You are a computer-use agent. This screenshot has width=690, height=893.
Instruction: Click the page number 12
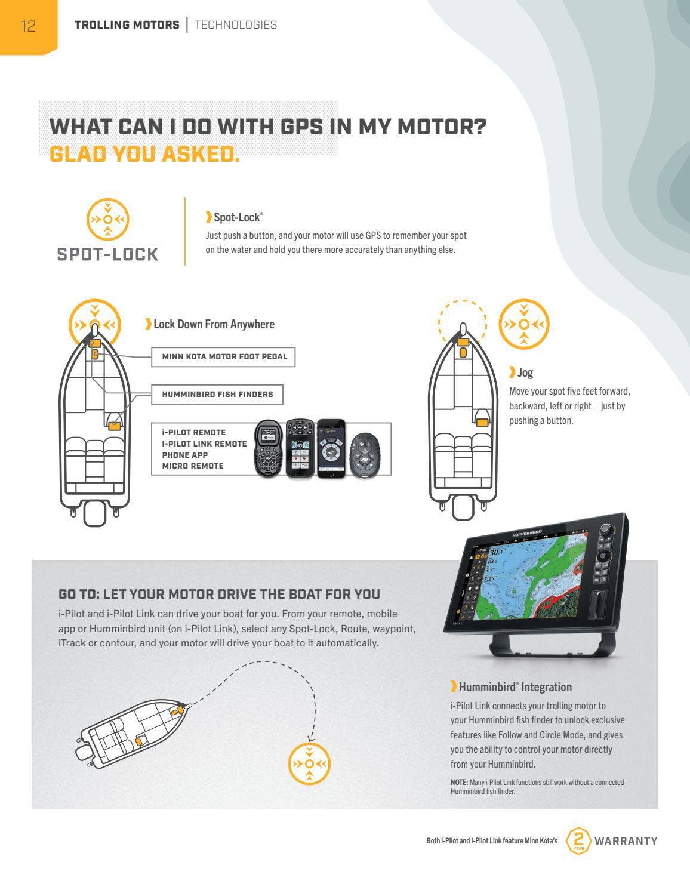[29, 26]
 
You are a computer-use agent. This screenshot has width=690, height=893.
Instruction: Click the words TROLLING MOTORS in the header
[127, 25]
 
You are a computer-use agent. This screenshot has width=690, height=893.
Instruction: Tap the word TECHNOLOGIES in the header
[236, 25]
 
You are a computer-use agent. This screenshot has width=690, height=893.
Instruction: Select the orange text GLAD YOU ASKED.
[144, 155]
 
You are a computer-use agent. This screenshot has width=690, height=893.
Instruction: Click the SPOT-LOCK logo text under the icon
[107, 254]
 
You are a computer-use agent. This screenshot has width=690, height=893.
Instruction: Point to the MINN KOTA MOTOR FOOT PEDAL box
[223, 357]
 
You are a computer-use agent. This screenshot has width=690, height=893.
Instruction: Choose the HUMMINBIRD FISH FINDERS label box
[217, 394]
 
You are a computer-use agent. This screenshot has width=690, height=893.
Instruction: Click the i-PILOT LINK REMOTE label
[204, 444]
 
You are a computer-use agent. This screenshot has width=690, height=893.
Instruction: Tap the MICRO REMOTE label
[193, 466]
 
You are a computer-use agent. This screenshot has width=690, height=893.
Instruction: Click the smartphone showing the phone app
[331, 448]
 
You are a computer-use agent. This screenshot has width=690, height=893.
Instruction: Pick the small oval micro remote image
[365, 455]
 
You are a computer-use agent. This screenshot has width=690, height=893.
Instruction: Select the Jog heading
[521, 372]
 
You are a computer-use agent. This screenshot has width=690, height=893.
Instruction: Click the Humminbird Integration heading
[512, 686]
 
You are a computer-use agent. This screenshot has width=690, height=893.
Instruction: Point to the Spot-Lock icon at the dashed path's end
[309, 763]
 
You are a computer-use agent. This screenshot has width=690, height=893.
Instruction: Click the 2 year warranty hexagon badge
[578, 840]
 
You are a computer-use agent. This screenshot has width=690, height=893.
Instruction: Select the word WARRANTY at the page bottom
[626, 841]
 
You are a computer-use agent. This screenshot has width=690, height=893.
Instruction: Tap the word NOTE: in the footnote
[459, 783]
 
